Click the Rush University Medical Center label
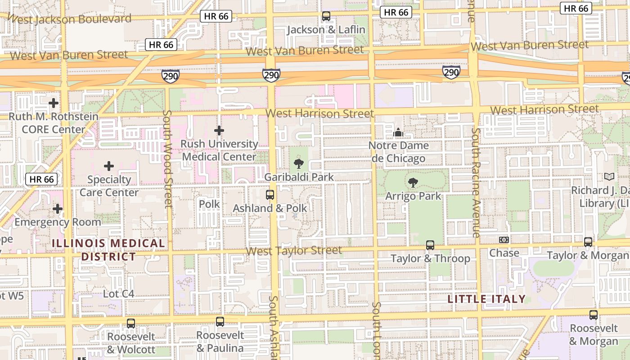click(219, 150)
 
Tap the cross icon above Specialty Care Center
click(109, 166)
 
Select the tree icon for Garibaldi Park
click(298, 163)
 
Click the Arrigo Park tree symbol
click(413, 183)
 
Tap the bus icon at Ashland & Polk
click(270, 195)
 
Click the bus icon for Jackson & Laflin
click(326, 16)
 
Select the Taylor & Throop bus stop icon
click(430, 245)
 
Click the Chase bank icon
click(504, 240)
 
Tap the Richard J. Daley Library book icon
click(609, 177)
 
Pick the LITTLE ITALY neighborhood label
click(486, 299)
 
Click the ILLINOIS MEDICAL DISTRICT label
click(108, 250)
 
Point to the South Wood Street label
click(167, 159)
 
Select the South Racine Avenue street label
click(476, 182)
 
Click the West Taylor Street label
click(294, 251)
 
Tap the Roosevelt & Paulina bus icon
click(220, 322)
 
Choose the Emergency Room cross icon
click(58, 209)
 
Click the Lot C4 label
click(118, 294)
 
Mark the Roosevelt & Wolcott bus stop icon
click(131, 323)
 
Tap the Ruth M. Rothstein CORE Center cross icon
click(54, 103)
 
